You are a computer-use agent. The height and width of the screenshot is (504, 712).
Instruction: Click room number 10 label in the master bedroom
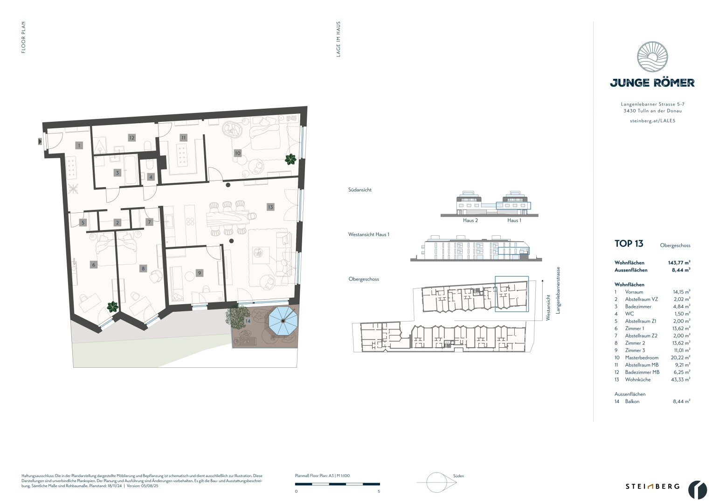click(238, 153)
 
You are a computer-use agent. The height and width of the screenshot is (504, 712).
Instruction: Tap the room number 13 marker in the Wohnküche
click(270, 207)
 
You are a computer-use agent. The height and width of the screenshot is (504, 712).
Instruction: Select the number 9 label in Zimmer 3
click(200, 273)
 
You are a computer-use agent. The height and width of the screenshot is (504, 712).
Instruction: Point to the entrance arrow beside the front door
click(40, 140)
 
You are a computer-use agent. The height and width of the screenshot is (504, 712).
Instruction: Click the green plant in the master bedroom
click(290, 160)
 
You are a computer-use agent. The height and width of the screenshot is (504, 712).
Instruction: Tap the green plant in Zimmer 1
click(112, 307)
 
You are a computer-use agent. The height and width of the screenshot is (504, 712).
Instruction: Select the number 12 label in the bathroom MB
click(132, 138)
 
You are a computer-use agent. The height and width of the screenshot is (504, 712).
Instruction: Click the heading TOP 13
click(629, 244)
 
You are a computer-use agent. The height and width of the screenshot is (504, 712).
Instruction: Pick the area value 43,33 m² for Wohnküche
click(681, 379)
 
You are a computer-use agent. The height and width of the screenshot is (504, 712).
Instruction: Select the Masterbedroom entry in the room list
click(642, 357)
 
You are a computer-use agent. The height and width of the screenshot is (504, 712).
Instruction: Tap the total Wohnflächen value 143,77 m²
click(679, 263)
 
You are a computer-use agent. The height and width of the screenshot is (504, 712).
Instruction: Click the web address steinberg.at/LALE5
click(652, 120)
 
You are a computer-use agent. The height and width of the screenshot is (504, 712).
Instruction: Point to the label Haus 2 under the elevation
click(470, 220)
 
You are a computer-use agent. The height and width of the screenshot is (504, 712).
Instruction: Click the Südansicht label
click(359, 190)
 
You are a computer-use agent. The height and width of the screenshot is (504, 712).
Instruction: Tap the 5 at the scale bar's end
click(379, 491)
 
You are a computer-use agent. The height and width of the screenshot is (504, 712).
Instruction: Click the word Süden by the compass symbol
click(458, 476)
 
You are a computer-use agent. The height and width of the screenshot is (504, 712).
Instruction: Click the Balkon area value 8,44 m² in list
click(681, 401)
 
